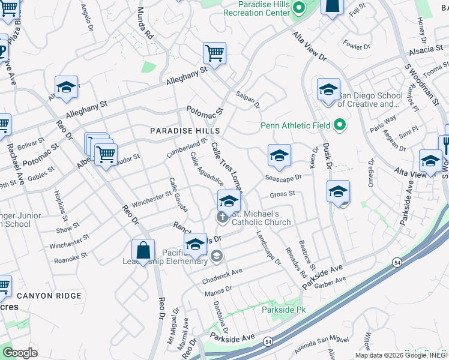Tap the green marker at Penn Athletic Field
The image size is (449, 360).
pos(340,125)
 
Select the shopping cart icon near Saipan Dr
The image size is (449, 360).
pos(214,54)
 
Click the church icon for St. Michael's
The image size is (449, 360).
pos(223,217)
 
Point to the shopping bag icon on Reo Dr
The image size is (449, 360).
pos(143,251)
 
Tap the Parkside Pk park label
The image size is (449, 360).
pos(280,310)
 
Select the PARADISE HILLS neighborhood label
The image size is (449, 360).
pos(185,130)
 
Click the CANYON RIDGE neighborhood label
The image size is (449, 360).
pos(49,296)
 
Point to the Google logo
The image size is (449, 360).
pos(20,353)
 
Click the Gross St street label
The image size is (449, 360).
pos(282,194)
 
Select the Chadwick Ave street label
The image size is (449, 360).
pos(221,271)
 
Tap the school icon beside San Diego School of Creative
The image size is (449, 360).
pos(328,90)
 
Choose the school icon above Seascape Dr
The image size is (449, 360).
pos(279,156)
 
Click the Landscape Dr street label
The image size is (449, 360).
pos(268,248)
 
